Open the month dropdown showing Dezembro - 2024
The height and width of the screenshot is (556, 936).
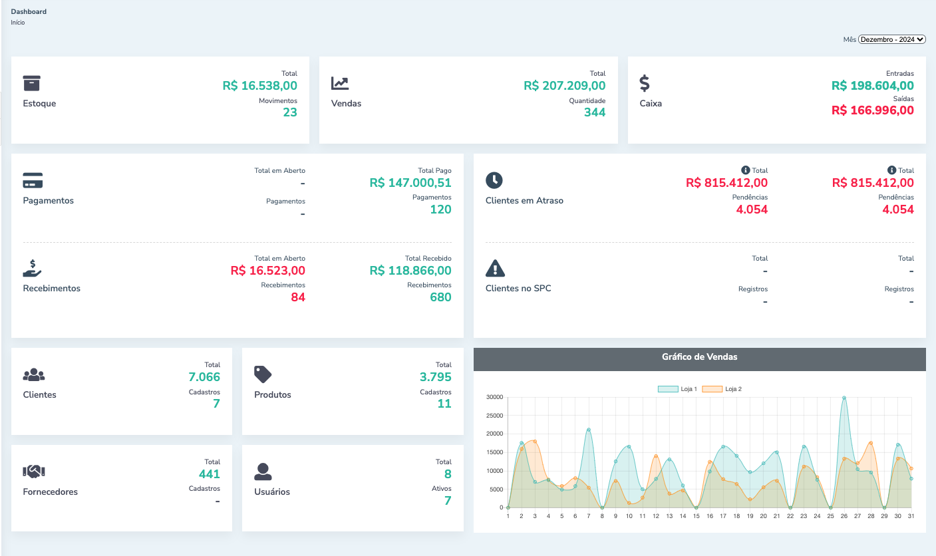891,39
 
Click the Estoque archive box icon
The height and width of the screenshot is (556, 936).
32,83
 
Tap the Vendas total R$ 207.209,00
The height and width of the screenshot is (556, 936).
564,86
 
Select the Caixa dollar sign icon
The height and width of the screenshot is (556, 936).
645,83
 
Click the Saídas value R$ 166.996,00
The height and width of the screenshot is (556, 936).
872,110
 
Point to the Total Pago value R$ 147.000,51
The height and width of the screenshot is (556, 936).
410,183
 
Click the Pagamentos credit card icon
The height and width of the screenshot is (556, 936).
33,180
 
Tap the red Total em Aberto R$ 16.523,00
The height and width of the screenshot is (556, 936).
267,271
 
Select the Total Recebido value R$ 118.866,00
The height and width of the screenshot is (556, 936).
410,271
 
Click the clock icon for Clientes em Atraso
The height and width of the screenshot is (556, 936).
494,180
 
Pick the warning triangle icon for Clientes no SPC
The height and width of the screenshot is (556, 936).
496,268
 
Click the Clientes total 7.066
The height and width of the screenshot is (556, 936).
204,377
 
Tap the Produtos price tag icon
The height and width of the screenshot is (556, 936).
263,374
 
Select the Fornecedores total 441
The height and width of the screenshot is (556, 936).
209,474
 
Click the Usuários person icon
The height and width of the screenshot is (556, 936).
263,472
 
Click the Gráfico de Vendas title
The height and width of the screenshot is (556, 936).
699,357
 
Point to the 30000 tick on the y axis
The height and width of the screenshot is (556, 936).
494,398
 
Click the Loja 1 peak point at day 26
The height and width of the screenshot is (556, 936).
844,398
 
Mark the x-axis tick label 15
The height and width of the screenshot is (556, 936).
696,516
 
